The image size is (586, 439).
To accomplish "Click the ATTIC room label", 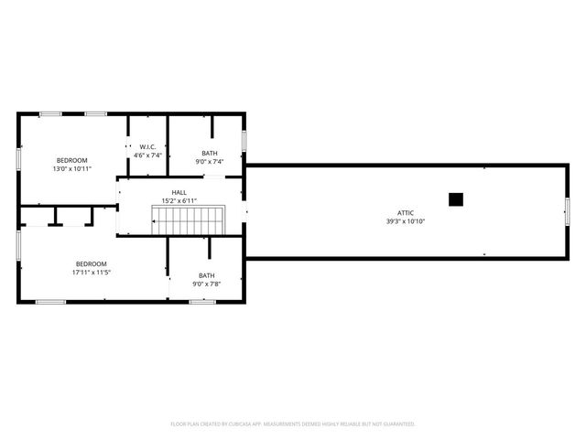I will tap(404, 213).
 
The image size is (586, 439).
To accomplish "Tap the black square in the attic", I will tap(455, 199).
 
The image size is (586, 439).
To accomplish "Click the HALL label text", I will tap(179, 192).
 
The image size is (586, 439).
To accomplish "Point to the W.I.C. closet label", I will tap(147, 147).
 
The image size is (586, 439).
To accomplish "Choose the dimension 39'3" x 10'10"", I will tap(404, 221).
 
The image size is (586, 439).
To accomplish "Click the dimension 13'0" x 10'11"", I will tap(71, 168).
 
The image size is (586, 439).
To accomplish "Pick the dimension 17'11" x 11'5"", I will tap(91, 272).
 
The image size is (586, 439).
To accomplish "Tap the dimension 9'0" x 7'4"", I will tap(210, 162).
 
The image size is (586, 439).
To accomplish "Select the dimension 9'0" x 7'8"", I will tap(207, 284).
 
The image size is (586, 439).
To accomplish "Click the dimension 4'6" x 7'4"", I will tap(147, 155).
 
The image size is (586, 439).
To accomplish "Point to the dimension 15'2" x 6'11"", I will tap(179, 200).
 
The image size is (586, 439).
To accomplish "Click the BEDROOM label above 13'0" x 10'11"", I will tap(71, 160).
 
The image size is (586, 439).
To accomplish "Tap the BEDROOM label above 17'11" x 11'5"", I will tap(91, 263).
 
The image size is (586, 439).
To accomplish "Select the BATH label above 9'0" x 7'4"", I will tap(210, 154).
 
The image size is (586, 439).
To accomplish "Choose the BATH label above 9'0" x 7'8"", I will tap(207, 275).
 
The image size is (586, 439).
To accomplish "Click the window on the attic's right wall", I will tap(567, 210).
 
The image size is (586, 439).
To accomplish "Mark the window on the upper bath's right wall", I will tap(244, 141).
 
